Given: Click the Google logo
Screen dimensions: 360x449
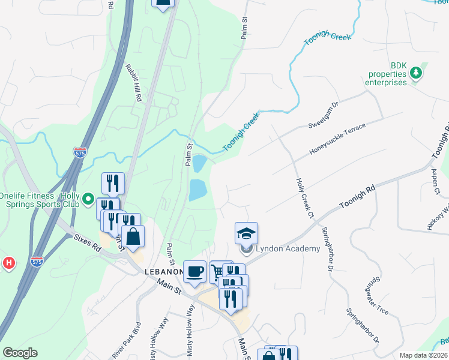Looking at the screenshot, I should click(20, 353).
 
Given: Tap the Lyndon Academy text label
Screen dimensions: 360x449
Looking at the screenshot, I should click(288, 248).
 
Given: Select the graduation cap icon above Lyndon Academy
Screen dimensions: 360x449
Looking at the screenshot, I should click(246, 233).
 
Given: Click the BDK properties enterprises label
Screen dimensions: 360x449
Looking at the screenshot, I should click(386, 74).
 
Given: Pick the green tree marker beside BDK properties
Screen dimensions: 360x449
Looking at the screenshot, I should click(415, 74).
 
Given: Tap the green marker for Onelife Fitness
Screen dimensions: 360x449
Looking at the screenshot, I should click(88, 199).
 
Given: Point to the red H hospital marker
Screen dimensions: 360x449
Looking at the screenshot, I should click(8, 263).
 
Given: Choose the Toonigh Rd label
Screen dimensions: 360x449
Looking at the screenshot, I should click(357, 197).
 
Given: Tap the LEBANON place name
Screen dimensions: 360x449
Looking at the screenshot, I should click(163, 272).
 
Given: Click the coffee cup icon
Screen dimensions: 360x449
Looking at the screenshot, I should click(194, 271).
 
